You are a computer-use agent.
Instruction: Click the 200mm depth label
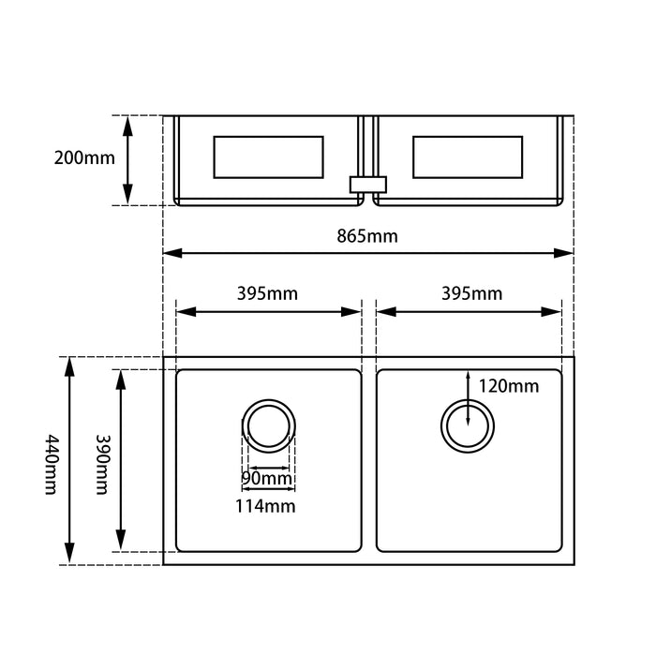(84, 158)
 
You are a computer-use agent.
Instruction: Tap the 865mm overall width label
(367, 236)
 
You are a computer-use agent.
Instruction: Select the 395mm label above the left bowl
(267, 293)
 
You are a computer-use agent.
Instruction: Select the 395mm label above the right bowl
(472, 293)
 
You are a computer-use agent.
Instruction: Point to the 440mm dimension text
(52, 465)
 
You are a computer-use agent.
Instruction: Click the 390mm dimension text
(102, 465)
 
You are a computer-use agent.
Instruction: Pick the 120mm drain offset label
(508, 386)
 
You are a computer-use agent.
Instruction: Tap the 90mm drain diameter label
(267, 478)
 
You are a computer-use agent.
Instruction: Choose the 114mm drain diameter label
(265, 506)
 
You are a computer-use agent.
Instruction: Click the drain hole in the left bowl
(269, 426)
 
